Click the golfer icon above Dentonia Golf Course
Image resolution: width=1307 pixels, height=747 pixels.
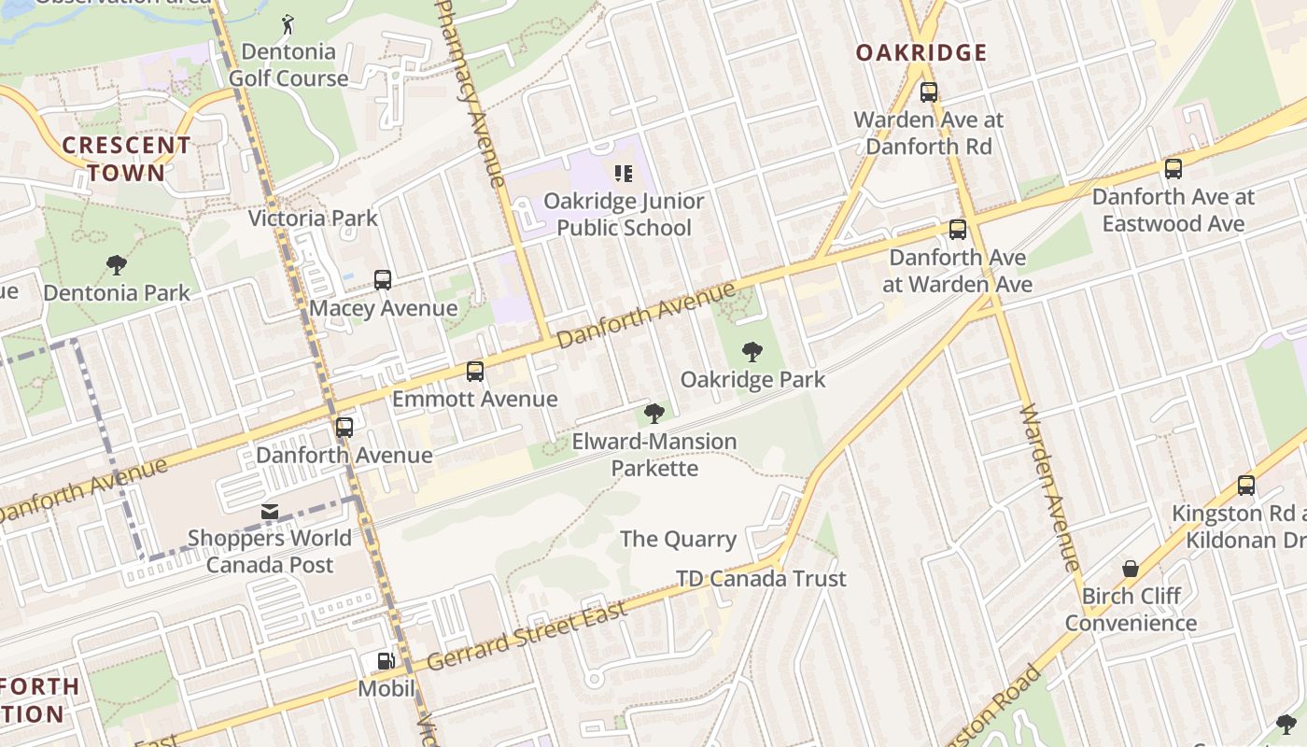288,23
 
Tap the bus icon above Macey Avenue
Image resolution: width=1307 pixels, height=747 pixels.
383,279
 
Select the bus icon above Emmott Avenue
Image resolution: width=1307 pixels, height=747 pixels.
475,372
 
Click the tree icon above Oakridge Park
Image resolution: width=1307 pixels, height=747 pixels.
752,352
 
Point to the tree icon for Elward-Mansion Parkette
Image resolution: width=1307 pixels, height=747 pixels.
653,413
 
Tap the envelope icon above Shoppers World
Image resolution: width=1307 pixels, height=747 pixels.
270,512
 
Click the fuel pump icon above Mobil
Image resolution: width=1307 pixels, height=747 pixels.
386,661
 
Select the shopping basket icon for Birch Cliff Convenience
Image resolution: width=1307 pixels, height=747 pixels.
1131,569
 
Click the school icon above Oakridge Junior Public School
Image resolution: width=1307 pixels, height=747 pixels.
623,173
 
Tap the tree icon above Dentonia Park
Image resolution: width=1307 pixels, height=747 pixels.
117,265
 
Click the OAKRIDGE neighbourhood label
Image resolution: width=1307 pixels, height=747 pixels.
921,52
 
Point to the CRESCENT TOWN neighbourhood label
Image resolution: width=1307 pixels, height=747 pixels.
126,159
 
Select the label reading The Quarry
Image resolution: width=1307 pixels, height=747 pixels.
679,539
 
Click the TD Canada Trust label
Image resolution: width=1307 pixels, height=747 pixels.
761,579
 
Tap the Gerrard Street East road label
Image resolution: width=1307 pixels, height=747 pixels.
527,638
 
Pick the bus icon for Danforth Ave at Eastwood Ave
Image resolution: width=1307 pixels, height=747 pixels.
1173,169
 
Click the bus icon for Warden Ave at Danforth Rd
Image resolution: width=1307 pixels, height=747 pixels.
929,92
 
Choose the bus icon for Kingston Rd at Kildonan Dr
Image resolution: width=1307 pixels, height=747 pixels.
1246,486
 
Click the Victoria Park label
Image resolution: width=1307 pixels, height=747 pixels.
313,218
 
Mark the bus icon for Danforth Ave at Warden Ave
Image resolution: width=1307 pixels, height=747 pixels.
958,230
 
